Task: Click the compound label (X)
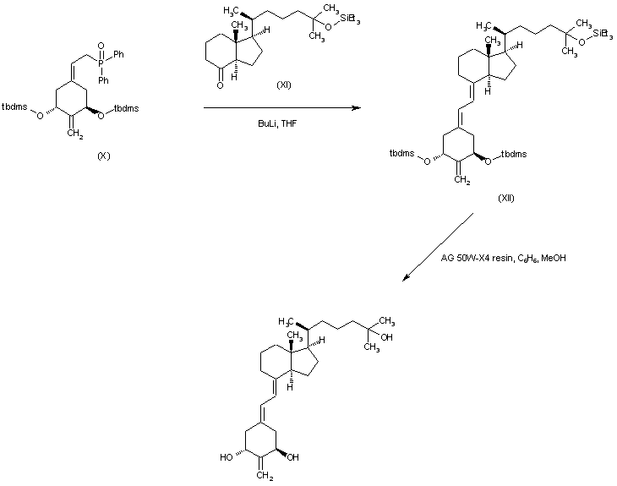(x=104, y=156)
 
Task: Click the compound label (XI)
(x=285, y=85)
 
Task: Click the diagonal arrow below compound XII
(x=439, y=245)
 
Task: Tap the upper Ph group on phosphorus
(x=120, y=53)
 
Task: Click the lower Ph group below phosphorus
(x=102, y=81)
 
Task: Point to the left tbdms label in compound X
(x=14, y=106)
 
